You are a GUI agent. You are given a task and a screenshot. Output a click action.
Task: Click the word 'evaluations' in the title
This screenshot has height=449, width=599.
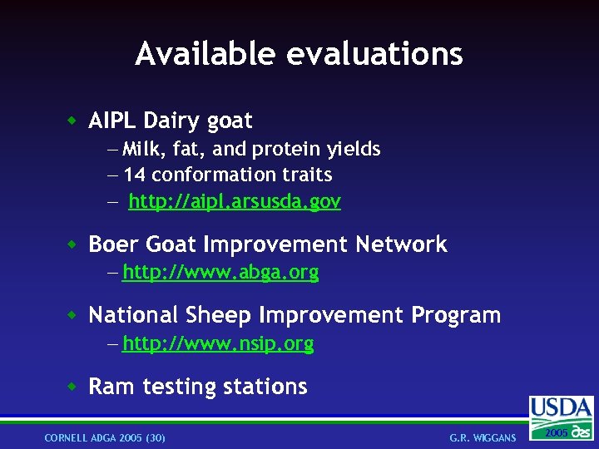(374, 54)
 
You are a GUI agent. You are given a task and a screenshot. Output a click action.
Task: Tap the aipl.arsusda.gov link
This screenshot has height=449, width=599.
(235, 201)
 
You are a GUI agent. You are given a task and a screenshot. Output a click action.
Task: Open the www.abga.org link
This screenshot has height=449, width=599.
(220, 272)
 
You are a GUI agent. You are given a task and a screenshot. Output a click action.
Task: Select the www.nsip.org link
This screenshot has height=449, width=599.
(218, 343)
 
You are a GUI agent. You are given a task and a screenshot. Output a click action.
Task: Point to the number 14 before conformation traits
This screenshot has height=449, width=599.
(135, 175)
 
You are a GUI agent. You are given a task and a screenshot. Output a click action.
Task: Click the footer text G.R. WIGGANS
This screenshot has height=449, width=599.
(483, 437)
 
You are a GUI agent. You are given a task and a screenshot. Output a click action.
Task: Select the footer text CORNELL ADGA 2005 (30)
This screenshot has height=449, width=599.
(105, 437)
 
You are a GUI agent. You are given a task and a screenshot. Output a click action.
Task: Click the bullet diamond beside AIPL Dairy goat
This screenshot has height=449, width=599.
(73, 121)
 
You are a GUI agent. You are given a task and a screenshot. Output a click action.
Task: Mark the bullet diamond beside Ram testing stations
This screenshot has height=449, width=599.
(73, 387)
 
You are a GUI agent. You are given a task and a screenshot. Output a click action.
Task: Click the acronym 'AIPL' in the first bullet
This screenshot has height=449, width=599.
(112, 121)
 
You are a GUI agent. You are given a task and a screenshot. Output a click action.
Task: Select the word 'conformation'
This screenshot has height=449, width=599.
(205, 175)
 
